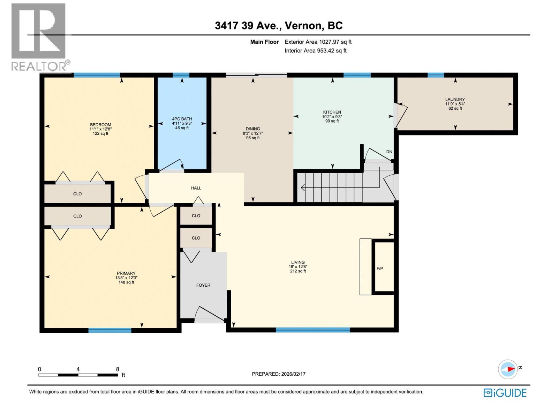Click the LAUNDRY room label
click(x=455, y=100)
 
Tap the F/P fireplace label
click(x=380, y=269)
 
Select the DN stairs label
click(x=389, y=152)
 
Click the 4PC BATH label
click(x=182, y=119)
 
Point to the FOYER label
click(x=203, y=285)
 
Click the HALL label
click(x=196, y=188)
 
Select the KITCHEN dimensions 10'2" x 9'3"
click(x=332, y=117)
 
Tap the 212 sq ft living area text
click(x=298, y=271)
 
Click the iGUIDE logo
click(x=505, y=393)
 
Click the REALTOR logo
click(x=39, y=37)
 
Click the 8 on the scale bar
click(x=118, y=369)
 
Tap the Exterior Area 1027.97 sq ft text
click(x=318, y=42)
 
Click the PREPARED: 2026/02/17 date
click(x=279, y=374)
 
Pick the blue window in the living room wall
click(x=312, y=330)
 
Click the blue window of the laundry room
click(x=436, y=75)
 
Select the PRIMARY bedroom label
click(x=126, y=273)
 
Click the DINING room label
click(x=253, y=129)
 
